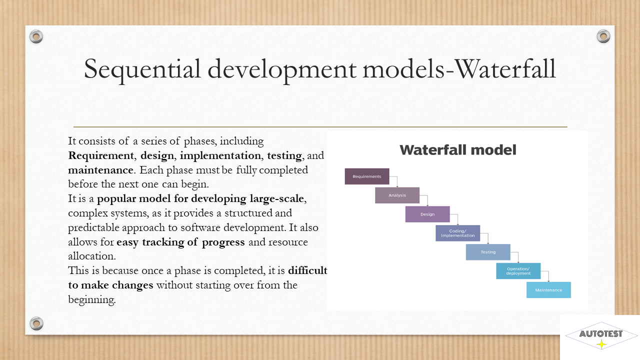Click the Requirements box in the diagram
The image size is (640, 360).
[367, 176]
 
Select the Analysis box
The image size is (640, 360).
[397, 195]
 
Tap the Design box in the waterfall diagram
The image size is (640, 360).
[427, 214]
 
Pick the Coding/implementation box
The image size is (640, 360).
[457, 233]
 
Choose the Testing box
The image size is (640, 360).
[488, 252]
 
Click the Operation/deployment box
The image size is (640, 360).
[518, 271]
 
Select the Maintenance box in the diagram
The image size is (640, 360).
[548, 290]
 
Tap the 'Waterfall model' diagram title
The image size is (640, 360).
[457, 150]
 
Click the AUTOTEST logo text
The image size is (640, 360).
[601, 333]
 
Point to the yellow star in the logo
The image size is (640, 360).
[601, 344]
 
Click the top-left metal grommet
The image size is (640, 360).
[36, 36]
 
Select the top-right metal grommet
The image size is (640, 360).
[603, 36]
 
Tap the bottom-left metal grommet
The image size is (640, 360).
[36, 323]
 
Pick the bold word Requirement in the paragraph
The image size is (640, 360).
[101, 155]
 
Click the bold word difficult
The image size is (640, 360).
[307, 270]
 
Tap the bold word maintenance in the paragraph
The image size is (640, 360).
[100, 170]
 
